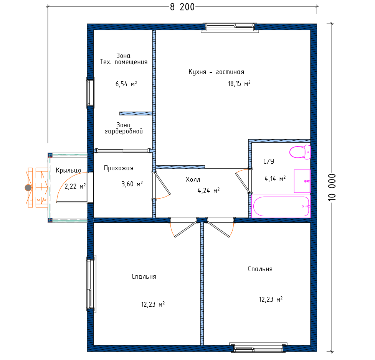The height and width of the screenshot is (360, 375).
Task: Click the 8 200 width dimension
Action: [182, 7]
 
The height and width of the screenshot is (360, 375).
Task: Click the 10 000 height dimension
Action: [332, 187]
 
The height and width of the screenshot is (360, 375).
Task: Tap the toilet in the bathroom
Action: [300, 152]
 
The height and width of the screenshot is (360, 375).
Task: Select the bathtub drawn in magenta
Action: [281, 206]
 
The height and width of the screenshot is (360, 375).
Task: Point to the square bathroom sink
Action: [302, 181]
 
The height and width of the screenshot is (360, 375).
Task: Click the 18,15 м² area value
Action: [239, 84]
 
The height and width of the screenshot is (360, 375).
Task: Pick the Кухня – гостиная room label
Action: [216, 72]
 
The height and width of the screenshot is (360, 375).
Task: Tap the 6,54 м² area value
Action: [126, 84]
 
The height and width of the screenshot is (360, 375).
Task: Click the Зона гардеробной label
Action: [124, 128]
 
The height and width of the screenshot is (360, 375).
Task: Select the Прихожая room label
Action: [119, 168]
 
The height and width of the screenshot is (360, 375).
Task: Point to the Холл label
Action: [193, 180]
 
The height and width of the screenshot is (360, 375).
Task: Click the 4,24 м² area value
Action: [208, 191]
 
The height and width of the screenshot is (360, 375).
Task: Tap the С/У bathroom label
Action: [269, 161]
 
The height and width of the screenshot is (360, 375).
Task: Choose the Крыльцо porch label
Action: [68, 170]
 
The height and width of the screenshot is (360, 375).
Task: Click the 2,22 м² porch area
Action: [75, 186]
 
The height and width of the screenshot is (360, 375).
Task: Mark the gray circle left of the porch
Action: [28, 188]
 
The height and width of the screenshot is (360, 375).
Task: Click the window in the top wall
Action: [230, 27]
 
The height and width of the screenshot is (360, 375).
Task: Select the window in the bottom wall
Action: [258, 348]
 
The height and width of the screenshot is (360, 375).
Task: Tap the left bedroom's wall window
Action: [91, 284]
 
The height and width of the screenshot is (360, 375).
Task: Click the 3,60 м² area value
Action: [132, 184]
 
